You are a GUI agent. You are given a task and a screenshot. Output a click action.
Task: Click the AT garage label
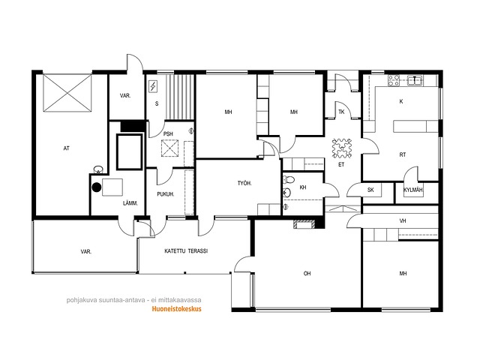tap(67, 148)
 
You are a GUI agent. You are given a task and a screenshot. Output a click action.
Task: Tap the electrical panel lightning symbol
tap(153, 87)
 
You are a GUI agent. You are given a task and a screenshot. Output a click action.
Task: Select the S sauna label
tap(157, 103)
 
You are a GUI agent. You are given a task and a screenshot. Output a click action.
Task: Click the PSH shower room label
tap(168, 133)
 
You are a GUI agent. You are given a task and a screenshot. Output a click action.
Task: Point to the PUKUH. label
tap(166, 194)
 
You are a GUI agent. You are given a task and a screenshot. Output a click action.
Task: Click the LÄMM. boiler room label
tap(130, 203)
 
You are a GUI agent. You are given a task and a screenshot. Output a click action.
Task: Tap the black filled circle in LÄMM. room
tap(97, 187)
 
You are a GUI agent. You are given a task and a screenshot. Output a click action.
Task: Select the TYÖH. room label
tap(244, 183)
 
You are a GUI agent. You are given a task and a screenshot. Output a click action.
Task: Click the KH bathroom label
tap(303, 187)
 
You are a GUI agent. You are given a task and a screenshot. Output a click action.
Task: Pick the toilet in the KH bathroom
tap(288, 179)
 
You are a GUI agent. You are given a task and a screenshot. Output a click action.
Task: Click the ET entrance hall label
tap(341, 165)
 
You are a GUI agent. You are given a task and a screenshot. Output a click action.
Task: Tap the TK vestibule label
tap(341, 112)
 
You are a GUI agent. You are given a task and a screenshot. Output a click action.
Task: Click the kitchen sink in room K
tap(415, 80)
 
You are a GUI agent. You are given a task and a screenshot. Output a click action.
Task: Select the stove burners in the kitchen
tap(394, 80)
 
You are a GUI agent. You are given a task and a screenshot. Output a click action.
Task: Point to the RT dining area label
tap(403, 155)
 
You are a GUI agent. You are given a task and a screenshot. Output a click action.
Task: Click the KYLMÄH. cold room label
tap(413, 190)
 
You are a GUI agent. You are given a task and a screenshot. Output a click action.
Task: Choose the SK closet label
tap(370, 190)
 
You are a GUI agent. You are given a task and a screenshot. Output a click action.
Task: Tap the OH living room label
tap(307, 273)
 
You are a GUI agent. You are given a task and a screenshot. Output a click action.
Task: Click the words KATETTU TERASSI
tap(186, 251)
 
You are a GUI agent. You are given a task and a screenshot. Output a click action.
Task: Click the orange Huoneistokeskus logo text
tap(177, 309)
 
